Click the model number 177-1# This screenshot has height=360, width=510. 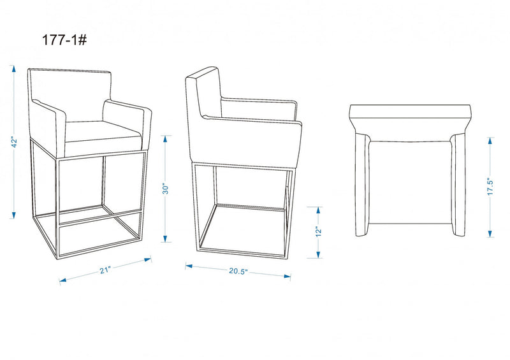click(64, 40)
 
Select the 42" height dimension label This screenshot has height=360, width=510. click(14, 142)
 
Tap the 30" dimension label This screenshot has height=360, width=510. click(166, 189)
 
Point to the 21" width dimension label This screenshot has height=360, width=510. click(105, 270)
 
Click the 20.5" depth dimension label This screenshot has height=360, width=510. click(238, 271)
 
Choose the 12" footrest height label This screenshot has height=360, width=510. click(318, 231)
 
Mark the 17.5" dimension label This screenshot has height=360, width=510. click(490, 186)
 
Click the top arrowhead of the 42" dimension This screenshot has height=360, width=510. click(13, 69)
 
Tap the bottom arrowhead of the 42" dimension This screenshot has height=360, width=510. click(13, 215)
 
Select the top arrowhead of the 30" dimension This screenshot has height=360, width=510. click(165, 139)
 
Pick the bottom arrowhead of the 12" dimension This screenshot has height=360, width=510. click(318, 254)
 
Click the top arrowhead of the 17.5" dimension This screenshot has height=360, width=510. click(490, 141)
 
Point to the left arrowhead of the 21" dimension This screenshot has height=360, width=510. click(62, 280)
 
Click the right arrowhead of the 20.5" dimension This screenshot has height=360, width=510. click(288, 277)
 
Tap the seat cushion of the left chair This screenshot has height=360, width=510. click(103, 138)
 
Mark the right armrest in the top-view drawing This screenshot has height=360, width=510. click(458, 184)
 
